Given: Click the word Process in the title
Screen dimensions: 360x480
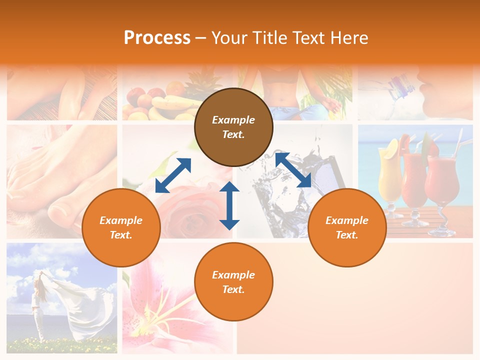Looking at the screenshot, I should tap(157, 38).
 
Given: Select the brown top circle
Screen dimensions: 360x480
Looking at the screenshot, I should tap(233, 127).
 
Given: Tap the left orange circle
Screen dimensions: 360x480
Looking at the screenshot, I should tap(121, 227).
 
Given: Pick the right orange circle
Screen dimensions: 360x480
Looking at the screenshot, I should tap(347, 227).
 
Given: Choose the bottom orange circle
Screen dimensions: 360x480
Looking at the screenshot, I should tap(233, 282).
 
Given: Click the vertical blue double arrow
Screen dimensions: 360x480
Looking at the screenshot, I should tap(229, 205).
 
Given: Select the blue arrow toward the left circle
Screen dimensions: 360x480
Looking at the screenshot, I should tap(173, 175).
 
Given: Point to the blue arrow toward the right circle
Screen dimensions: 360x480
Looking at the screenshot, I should tap(293, 170).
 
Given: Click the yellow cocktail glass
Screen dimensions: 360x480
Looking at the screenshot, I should tap(390, 172).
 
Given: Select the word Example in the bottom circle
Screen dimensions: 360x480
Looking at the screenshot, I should tap(233, 275).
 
